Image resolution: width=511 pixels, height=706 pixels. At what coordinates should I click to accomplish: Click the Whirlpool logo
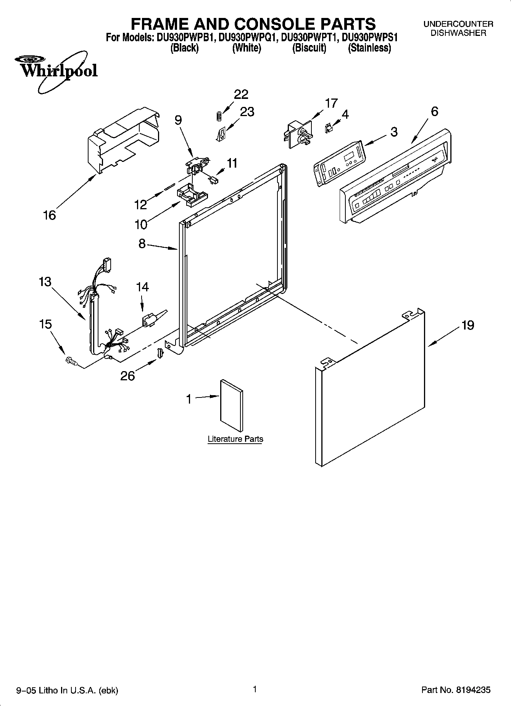[x=56, y=70]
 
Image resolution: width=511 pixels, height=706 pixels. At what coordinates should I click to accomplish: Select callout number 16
[x=50, y=215]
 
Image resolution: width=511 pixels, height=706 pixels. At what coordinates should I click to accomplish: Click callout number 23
[x=247, y=111]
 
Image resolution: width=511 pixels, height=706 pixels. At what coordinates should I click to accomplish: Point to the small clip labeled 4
[x=328, y=128]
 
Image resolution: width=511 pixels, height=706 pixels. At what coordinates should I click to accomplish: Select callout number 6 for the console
[x=434, y=111]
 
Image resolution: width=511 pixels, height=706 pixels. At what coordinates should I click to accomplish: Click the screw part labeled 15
[x=71, y=360]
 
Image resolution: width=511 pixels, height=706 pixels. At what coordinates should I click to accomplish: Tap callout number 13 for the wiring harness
[x=45, y=282]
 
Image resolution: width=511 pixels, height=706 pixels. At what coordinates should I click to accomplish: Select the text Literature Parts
[x=235, y=439]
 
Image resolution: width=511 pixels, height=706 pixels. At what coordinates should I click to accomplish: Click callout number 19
[x=467, y=325]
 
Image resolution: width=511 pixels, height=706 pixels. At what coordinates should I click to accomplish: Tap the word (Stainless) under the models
[x=369, y=48]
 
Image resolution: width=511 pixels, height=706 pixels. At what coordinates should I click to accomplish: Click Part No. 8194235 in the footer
[x=456, y=690]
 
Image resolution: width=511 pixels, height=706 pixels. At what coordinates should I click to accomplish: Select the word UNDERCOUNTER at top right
[x=458, y=24]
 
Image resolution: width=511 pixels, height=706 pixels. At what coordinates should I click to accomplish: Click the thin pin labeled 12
[x=169, y=187]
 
